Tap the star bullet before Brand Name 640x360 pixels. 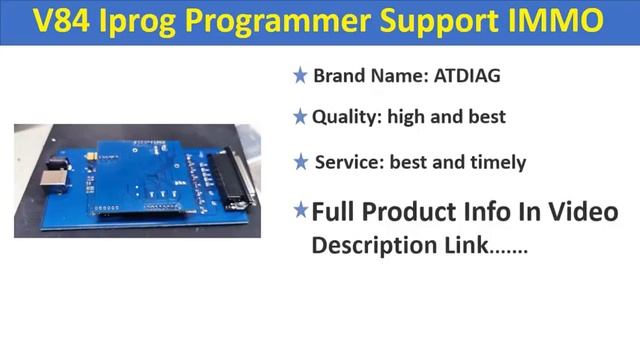pyautogui.click(x=299, y=76)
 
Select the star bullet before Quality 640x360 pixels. pyautogui.click(x=299, y=117)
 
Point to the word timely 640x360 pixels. pyautogui.click(x=496, y=162)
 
